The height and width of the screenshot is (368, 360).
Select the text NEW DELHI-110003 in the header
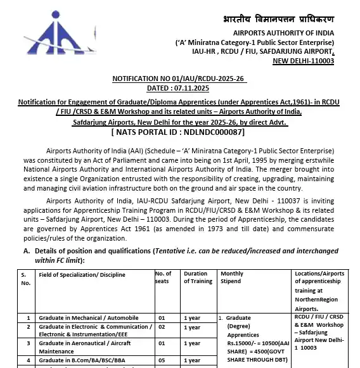pyautogui.click(x=302, y=61)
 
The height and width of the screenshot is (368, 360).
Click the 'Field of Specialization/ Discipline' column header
pyautogui.click(x=82, y=274)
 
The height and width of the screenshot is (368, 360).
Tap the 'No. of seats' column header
pyautogui.click(x=163, y=277)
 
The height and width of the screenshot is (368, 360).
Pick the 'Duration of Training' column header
pyautogui.click(x=195, y=277)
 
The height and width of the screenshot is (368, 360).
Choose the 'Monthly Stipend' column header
pyautogui.click(x=231, y=277)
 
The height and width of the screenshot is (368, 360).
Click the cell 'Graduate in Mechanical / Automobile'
pyautogui.click(x=89, y=317)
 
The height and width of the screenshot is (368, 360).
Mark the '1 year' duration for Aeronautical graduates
pyautogui.click(x=192, y=343)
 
